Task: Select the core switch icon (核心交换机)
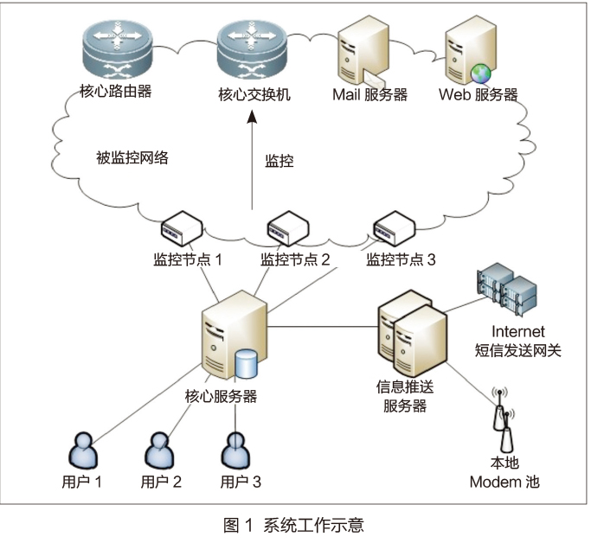click(252, 48)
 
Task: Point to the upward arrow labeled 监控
click(253, 164)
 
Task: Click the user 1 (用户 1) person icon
click(83, 449)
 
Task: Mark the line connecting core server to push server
click(320, 328)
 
